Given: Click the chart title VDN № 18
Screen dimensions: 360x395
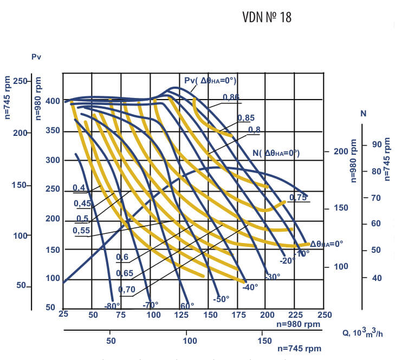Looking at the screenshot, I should pyautogui.click(x=267, y=17).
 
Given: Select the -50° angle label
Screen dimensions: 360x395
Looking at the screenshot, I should pyautogui.click(x=221, y=299).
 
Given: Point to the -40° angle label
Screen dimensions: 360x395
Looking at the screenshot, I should pyautogui.click(x=250, y=287).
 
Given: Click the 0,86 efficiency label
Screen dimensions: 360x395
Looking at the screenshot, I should pyautogui.click(x=231, y=97).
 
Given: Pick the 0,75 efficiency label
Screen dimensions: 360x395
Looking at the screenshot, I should pyautogui.click(x=298, y=197).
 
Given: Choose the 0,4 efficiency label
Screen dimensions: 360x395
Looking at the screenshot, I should pyautogui.click(x=79, y=188).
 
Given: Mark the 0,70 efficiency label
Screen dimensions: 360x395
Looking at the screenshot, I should pyautogui.click(x=126, y=290).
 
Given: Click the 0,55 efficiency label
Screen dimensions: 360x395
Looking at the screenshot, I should pyautogui.click(x=81, y=230).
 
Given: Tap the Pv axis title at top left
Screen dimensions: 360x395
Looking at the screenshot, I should pyautogui.click(x=37, y=56).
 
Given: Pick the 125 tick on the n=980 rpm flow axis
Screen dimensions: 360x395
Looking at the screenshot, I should pyautogui.click(x=180, y=315).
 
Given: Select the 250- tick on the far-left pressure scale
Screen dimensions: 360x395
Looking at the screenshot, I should pyautogui.click(x=20, y=81).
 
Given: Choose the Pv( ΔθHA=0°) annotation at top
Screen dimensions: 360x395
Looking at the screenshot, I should pyautogui.click(x=210, y=81).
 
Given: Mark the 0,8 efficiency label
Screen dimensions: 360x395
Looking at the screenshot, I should pyautogui.click(x=254, y=129).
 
